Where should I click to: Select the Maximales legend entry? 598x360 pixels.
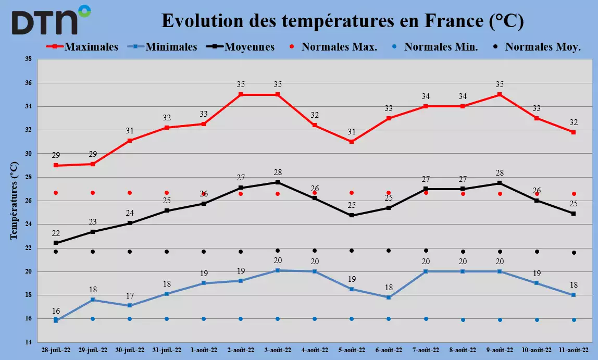pos(82,46)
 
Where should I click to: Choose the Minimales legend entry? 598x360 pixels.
pos(166,46)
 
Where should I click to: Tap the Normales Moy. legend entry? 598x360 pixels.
pos(537,46)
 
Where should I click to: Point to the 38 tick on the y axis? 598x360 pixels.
pos(28,59)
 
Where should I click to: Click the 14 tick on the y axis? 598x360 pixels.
pos(28,342)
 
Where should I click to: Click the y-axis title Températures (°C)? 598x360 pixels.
pos(14,201)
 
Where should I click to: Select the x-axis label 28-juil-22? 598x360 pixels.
pos(56,350)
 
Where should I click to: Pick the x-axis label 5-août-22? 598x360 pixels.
pos(352,350)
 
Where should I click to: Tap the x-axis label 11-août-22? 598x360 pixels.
pos(574,350)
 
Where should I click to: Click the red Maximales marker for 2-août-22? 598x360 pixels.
pos(241,94)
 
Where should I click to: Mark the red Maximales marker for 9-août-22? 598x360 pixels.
pos(500,94)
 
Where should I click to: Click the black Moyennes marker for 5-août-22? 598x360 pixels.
pos(352,216)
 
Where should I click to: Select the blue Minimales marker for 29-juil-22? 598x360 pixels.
pos(93,300)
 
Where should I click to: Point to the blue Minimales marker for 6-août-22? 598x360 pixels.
pos(389,297)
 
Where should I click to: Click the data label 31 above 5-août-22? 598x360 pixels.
pos(352,132)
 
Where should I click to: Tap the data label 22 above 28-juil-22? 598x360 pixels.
pos(56,233)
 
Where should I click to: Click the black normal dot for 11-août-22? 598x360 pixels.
pos(574,253)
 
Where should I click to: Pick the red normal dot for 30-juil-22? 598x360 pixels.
pos(130,193)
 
